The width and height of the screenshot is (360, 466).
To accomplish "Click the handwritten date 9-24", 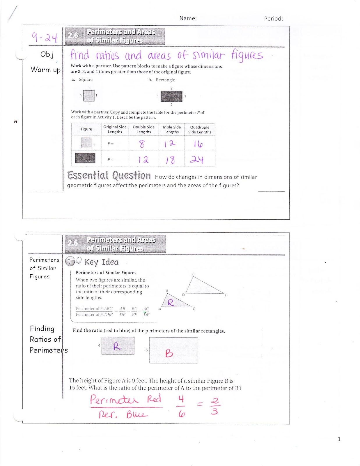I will pos(44,37).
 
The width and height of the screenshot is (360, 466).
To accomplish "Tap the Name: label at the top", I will pos(188,18).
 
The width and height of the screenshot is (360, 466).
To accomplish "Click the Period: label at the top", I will pos(273,19).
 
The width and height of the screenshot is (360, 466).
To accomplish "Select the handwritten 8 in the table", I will pos(142,144).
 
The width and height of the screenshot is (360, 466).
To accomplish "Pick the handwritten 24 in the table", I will pos(197,159).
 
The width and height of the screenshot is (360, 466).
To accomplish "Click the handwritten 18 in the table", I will pos(170,160).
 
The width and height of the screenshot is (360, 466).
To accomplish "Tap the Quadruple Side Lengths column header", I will pos(200,130).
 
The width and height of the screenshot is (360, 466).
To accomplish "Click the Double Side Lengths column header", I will pos(144,129).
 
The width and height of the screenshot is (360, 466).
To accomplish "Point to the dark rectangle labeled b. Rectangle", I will pos(171,96).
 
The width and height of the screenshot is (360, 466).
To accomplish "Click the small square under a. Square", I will pos(89,96).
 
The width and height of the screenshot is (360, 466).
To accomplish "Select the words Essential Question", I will pos(109,175).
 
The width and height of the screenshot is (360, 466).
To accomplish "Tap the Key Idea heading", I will pos(101,262).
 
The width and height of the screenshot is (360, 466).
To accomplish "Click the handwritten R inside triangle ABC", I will pos(171,303).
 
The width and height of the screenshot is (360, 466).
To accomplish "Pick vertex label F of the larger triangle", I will pos(226,295).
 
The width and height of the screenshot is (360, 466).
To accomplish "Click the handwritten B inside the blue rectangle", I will pos(169,353).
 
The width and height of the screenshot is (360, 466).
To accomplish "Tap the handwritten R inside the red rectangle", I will pos(117,346).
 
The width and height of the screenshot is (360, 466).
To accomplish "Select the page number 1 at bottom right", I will pos(339,439).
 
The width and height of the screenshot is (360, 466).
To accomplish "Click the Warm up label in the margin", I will pos(46,70).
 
